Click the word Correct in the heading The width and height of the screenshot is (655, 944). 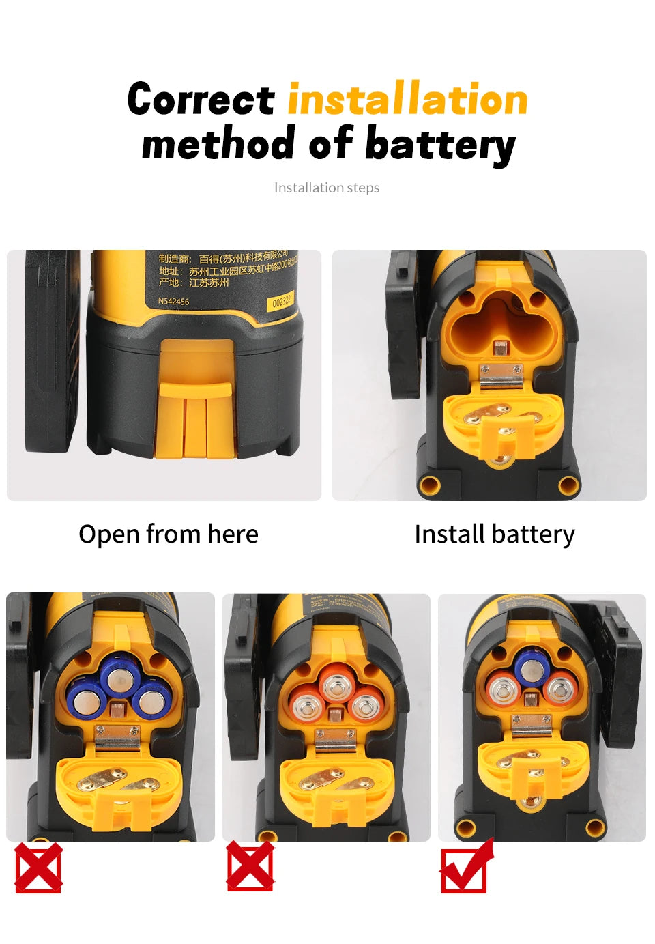coord(201,100)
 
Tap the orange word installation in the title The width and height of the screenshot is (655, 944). coord(407,100)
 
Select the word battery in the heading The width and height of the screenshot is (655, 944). coord(440,145)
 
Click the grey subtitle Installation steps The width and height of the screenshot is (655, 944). coord(327,188)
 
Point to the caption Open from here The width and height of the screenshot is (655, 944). coord(169,534)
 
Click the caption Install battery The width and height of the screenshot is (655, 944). coord(495,534)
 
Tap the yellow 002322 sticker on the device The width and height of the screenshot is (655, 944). coord(281,301)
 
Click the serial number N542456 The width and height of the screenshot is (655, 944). coord(173,301)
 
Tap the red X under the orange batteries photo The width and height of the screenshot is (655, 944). coord(250,867)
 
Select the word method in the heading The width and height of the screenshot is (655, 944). coord(218,145)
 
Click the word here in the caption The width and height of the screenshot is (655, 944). coord(233,534)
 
